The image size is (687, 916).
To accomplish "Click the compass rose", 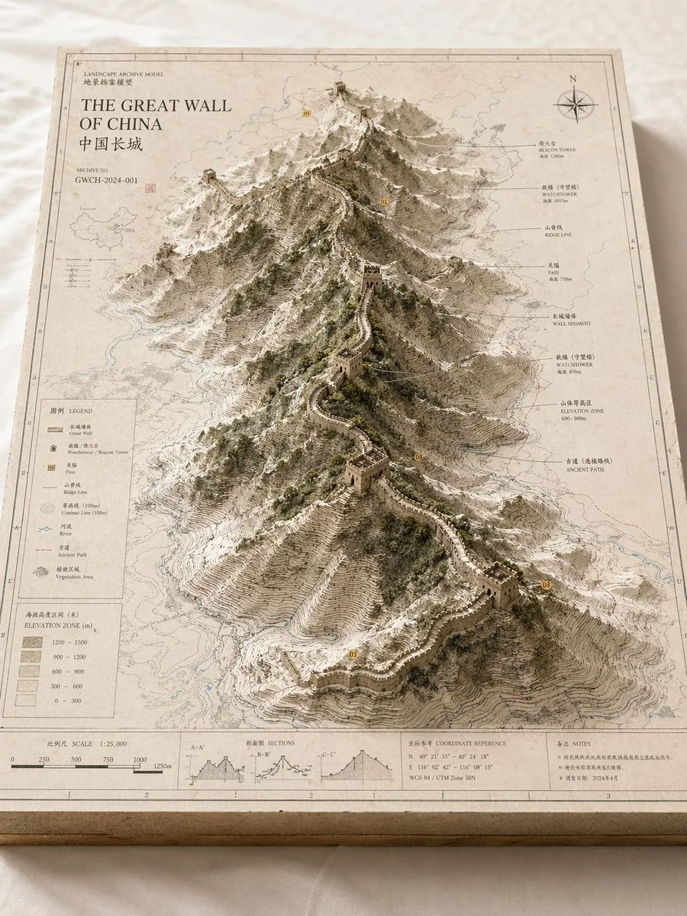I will click(x=576, y=104).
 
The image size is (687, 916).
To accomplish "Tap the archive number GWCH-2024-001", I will click(x=107, y=180).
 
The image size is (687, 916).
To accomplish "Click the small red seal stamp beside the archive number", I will click(x=150, y=185).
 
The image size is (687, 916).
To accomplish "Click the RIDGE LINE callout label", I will click(x=557, y=231).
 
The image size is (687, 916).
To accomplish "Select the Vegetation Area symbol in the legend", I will click(x=42, y=571).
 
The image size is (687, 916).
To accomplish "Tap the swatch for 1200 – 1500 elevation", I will click(x=31, y=643).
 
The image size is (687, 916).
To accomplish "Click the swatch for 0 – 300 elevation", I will click(x=31, y=700).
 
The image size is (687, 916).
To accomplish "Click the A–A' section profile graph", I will click(x=217, y=766).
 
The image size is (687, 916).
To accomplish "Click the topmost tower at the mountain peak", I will click(x=340, y=89).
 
